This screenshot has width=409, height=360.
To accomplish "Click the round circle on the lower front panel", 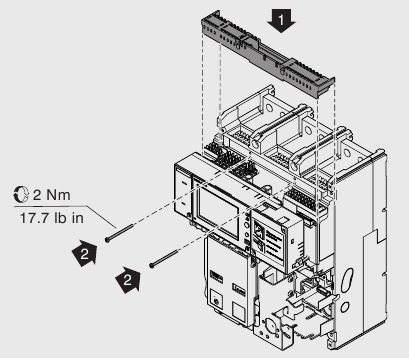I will pyautogui.click(x=214, y=297).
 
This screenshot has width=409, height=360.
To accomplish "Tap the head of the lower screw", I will pyautogui.click(x=152, y=266).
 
